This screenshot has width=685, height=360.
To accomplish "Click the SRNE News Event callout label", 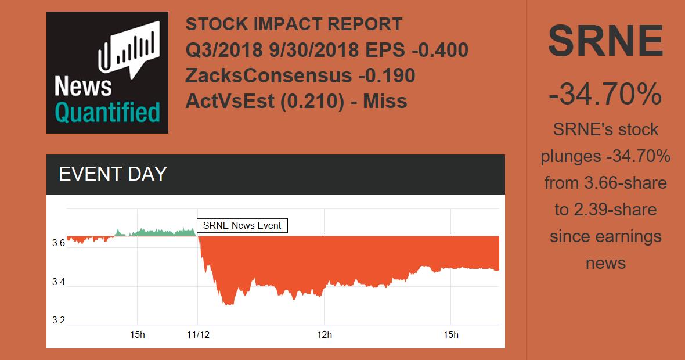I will [242, 225].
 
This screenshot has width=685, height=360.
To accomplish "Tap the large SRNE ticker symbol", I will [605, 41].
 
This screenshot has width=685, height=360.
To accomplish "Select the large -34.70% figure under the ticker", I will [605, 94].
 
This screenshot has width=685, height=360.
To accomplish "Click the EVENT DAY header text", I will [113, 174].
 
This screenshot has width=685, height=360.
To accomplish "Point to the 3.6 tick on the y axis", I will [58, 244].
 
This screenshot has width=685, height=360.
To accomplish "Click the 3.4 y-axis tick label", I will [58, 283].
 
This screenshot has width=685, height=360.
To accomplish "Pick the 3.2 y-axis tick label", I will [58, 321].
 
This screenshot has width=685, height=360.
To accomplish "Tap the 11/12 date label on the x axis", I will [197, 334].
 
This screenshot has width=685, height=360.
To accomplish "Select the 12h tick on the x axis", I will [324, 334].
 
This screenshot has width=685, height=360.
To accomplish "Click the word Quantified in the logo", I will [107, 111].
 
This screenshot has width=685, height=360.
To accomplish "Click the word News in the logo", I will [83, 87].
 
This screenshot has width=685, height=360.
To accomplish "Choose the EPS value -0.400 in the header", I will [439, 51].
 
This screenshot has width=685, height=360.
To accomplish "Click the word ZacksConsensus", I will [268, 75].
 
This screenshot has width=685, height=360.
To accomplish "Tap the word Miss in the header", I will [385, 101].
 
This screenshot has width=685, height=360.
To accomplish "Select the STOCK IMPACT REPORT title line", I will [294, 25].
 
